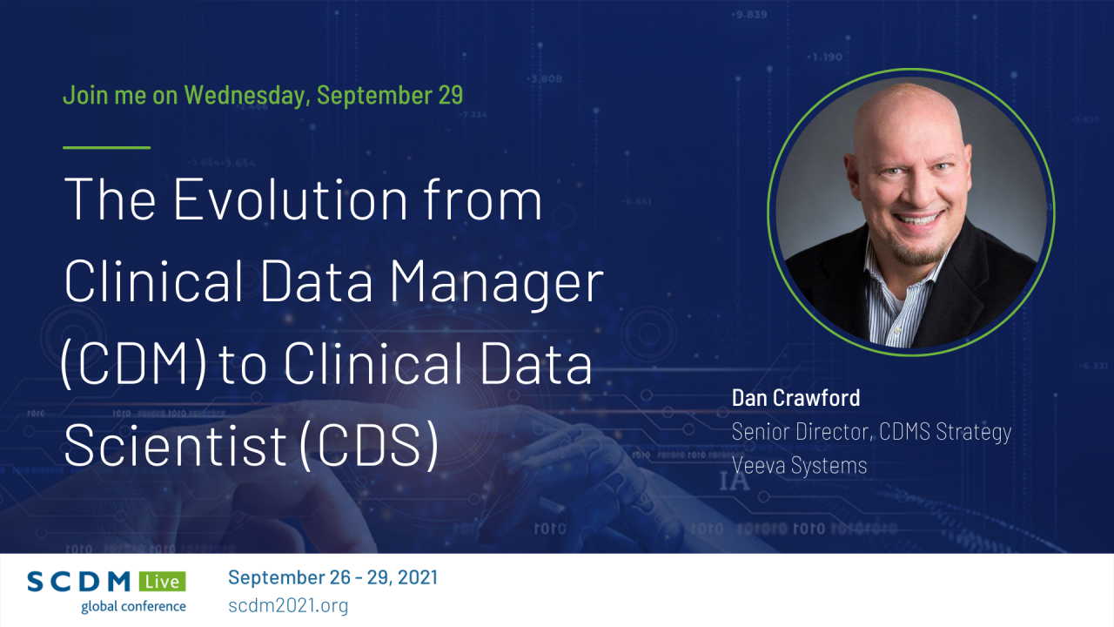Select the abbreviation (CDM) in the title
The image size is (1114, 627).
point(133,366)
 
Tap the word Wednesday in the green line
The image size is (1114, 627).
point(245,95)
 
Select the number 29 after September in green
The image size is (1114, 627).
point(450,95)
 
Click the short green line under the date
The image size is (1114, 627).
point(106,147)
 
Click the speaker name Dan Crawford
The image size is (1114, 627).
point(795,398)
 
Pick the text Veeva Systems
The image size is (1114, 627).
point(799,465)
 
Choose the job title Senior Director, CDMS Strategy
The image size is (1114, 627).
point(871,431)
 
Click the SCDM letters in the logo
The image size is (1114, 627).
point(80,582)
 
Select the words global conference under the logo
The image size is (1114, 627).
point(133,606)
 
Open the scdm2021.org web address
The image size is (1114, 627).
point(288,605)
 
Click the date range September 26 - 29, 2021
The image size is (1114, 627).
point(332,577)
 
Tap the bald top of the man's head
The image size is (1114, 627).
point(905,113)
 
